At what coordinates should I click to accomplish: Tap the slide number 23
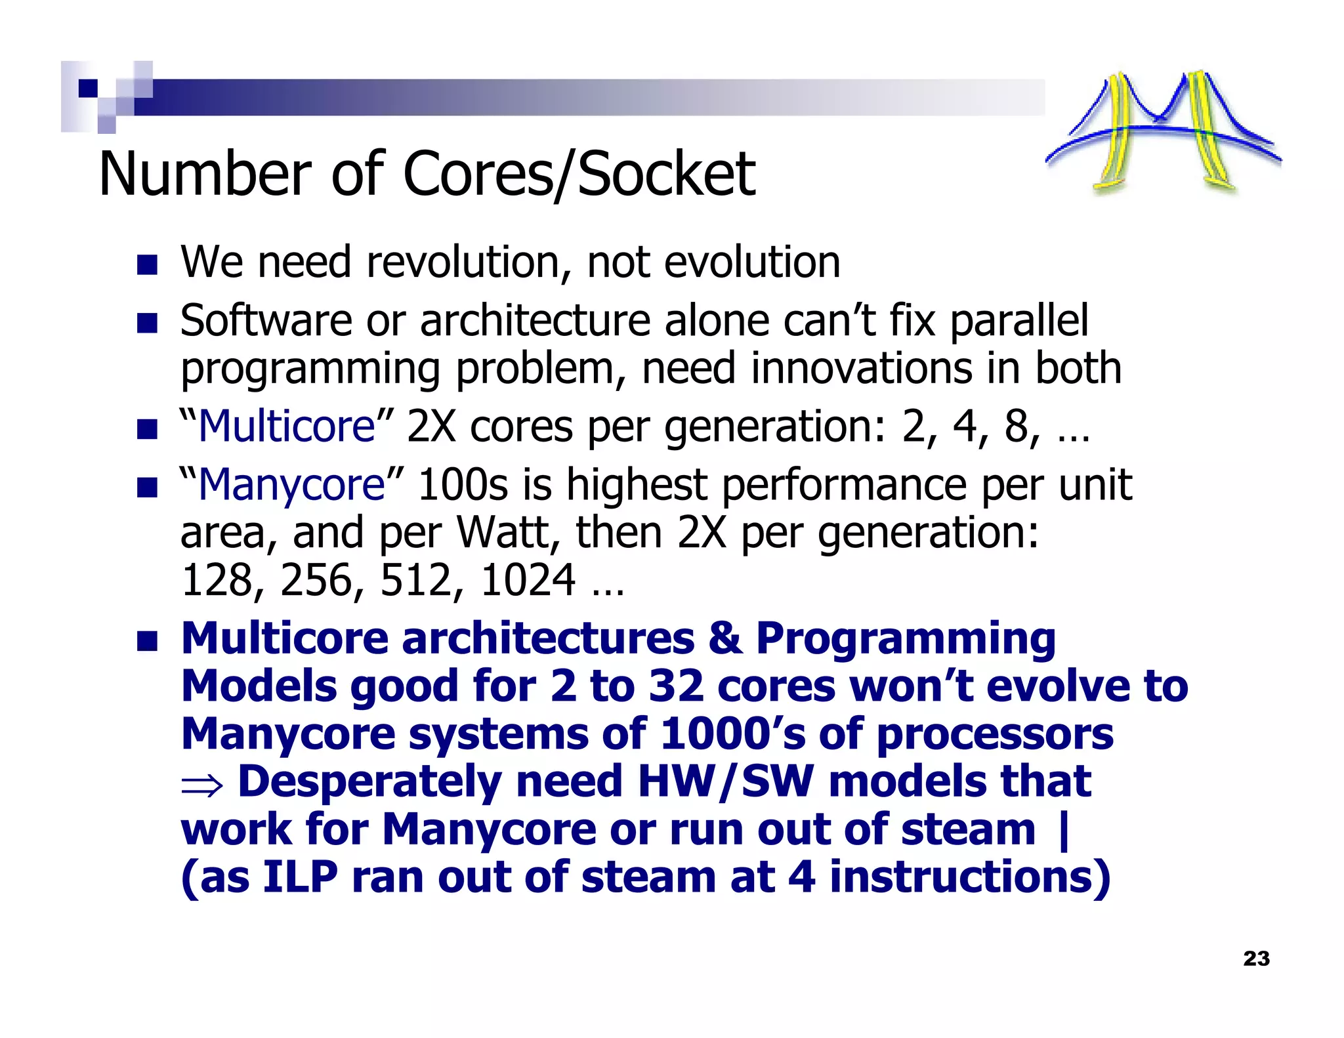(1256, 959)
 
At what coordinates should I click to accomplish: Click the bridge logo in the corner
(1162, 131)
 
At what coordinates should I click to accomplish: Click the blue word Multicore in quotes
(286, 427)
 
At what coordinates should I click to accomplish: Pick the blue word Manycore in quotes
(291, 486)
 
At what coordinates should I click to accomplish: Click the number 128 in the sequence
(217, 581)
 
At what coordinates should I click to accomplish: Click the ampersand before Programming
(724, 638)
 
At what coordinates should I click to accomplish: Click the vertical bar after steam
(1064, 831)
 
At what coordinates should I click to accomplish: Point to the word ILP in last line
(300, 878)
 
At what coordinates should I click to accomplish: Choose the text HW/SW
(725, 782)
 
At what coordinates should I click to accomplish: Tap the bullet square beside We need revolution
(147, 264)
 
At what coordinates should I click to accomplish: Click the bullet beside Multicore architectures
(147, 641)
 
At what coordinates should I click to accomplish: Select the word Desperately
(369, 782)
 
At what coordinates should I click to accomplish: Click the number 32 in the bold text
(676, 687)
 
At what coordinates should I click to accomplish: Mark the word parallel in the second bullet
(1018, 321)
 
